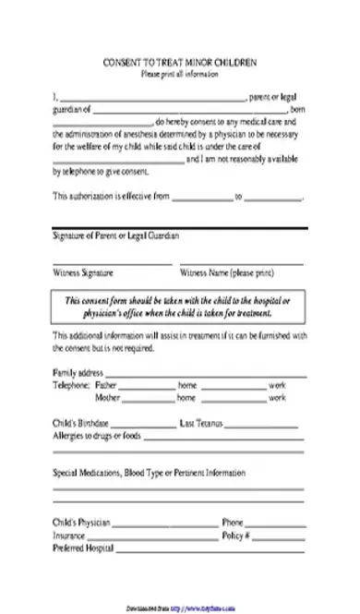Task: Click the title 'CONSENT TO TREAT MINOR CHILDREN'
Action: (180, 63)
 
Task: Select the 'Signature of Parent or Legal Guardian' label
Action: (112, 237)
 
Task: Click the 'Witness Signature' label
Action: (83, 273)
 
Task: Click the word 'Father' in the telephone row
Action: (106, 384)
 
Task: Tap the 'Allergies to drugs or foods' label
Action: (98, 435)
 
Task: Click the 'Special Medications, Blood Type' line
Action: (149, 472)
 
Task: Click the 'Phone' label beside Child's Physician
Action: (232, 522)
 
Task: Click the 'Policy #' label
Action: (235, 535)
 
